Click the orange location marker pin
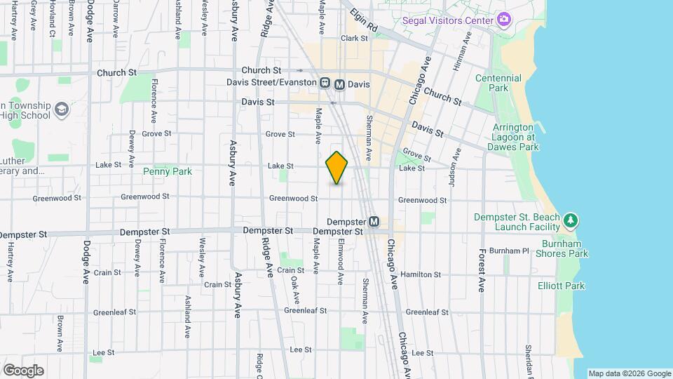336,167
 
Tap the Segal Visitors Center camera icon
504,20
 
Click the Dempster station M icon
374,222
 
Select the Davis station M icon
339,84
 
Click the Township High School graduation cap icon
61,109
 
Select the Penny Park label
167,171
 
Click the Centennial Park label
498,84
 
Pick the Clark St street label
354,39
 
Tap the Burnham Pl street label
509,251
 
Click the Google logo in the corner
23,371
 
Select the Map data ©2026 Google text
630,373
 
